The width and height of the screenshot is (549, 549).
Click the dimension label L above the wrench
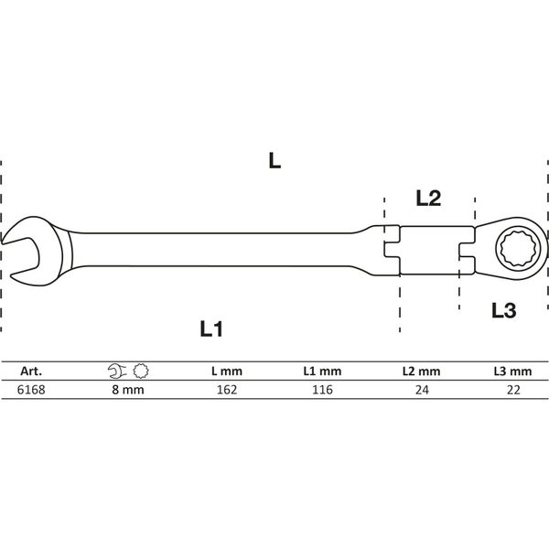point(274,161)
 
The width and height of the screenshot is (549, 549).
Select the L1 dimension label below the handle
point(212,328)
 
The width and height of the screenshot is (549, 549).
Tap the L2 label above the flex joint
point(428,197)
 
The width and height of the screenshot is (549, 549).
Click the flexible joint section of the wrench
point(428,248)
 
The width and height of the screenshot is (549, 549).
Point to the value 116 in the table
point(322,389)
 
